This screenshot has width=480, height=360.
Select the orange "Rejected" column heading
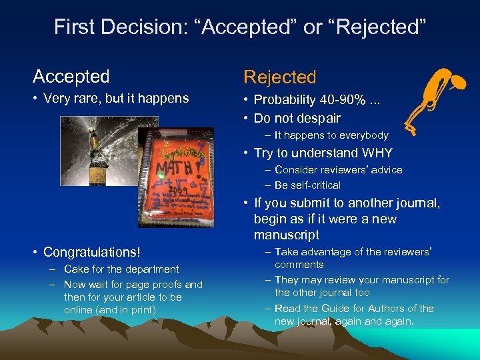click(x=280, y=77)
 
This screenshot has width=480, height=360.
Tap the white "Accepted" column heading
click(x=71, y=77)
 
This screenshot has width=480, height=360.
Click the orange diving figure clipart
click(x=436, y=97)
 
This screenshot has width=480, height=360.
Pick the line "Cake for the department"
click(x=121, y=269)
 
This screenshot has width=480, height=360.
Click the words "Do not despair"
click(x=297, y=119)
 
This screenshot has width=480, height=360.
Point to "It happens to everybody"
click(x=331, y=135)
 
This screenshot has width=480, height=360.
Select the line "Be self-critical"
click(x=307, y=185)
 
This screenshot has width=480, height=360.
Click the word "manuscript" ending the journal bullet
click(x=287, y=235)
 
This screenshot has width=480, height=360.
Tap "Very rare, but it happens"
click(x=117, y=99)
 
